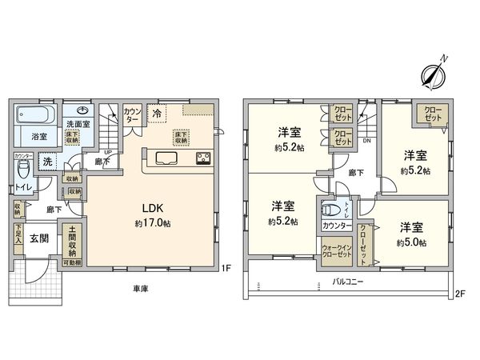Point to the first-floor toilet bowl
(25, 170)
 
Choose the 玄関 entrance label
(41, 238)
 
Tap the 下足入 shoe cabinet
(18, 238)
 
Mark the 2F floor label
(459, 293)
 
